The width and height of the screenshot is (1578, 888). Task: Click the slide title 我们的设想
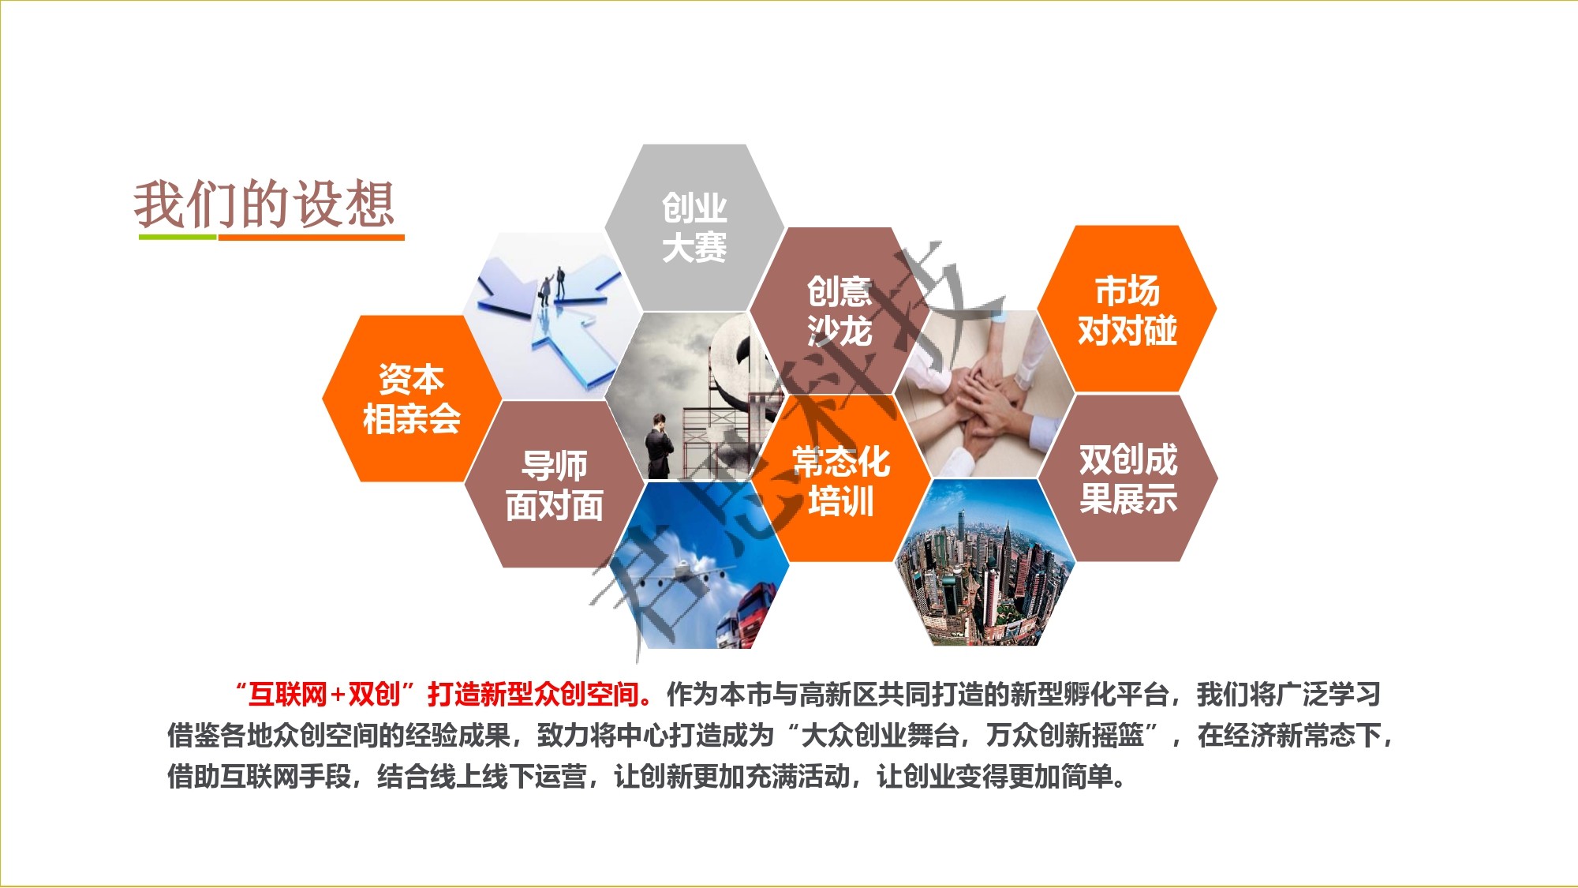pos(264,204)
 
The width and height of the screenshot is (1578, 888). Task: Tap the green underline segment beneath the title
pos(178,236)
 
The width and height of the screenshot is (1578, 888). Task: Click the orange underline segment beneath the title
pos(311,236)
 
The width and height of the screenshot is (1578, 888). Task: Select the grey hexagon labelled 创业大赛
pos(694,227)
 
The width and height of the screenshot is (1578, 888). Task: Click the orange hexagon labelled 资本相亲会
pos(412,399)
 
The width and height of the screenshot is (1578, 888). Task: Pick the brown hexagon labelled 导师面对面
pos(555,484)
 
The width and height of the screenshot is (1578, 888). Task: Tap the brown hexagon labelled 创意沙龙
pos(839,311)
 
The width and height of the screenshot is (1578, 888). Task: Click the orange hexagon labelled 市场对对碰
pos(1127,309)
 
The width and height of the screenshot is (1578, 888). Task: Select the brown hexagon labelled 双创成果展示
pos(1128,478)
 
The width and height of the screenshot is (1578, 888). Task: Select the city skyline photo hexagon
pos(985,562)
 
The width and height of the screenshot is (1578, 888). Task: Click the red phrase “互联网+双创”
pos(325,694)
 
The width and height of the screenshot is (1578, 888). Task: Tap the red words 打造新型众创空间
pos(533,694)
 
